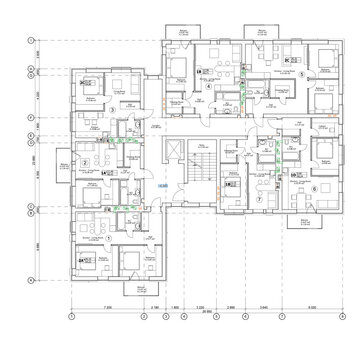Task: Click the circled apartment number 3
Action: [x=112, y=137]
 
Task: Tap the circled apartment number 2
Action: [x=86, y=161]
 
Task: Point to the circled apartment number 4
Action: [x=207, y=86]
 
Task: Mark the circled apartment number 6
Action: [x=316, y=188]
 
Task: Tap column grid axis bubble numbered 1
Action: [x=72, y=318]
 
